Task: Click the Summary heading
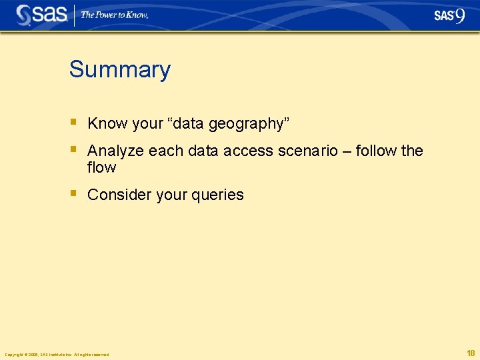point(119,69)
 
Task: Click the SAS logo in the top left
point(41,15)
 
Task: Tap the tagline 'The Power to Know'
point(114,15)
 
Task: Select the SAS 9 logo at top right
point(449,15)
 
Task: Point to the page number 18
point(471,353)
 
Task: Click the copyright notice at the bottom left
point(57,354)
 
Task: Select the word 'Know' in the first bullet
point(107,123)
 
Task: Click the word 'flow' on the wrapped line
point(101,167)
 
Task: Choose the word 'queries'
point(217,195)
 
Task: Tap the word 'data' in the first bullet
point(189,123)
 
